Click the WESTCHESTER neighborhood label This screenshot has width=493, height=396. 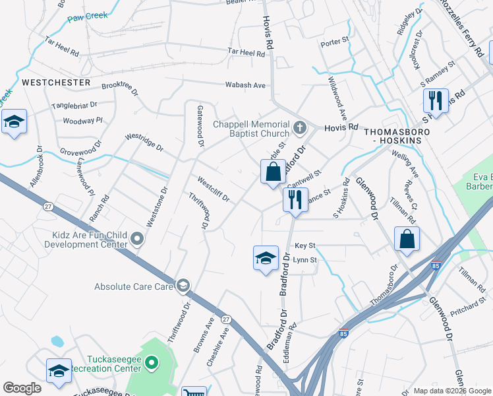coord(56,82)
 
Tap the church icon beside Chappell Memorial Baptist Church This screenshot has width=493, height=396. coord(300,126)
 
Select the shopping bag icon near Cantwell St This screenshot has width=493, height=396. coord(273,173)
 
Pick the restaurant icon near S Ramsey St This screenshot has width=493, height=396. coord(435,102)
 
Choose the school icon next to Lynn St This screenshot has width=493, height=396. coord(265,258)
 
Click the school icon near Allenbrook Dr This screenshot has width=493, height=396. coord(14,123)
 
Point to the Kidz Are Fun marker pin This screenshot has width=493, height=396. coord(137,238)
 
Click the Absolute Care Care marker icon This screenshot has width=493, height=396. coord(183,286)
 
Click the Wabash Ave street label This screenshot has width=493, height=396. coord(246,85)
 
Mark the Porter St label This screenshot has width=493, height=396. coord(334,42)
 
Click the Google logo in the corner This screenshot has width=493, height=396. coord(22,388)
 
